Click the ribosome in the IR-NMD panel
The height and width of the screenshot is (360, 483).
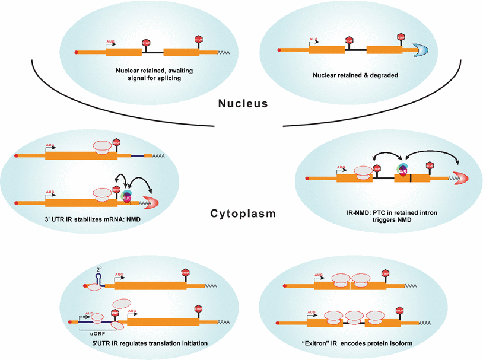click(362, 172)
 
